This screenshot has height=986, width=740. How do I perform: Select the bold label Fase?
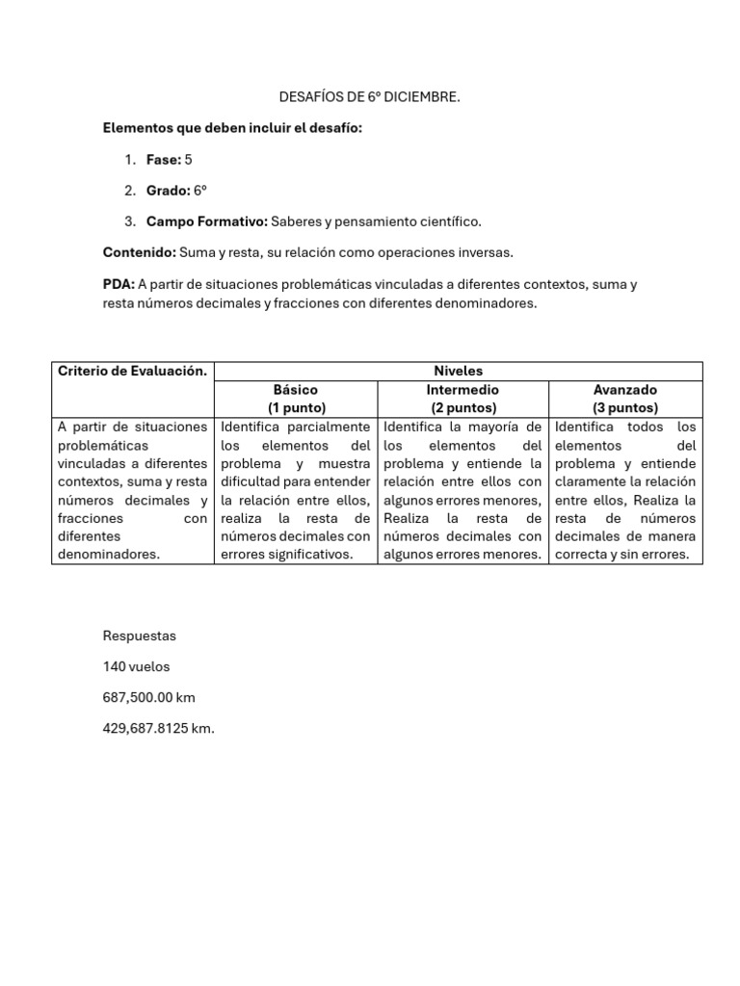click(x=164, y=160)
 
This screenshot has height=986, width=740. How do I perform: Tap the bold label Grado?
click(x=169, y=191)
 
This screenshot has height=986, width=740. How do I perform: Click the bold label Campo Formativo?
click(x=206, y=221)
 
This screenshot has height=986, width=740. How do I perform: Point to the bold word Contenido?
click(x=140, y=252)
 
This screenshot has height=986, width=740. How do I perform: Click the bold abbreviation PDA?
click(x=119, y=284)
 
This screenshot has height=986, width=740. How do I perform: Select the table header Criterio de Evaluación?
click(x=132, y=371)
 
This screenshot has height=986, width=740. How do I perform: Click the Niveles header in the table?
click(x=459, y=371)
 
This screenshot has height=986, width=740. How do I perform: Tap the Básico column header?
click(x=296, y=390)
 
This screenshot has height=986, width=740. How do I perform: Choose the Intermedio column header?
click(x=462, y=390)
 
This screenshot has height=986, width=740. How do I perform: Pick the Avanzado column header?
click(x=625, y=390)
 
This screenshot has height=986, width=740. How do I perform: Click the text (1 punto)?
click(x=296, y=408)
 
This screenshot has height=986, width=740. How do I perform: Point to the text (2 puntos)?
click(x=462, y=408)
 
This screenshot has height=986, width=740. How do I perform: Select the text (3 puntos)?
click(x=625, y=408)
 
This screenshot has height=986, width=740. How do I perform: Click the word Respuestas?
click(x=140, y=636)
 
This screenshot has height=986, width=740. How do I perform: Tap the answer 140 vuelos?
click(x=136, y=666)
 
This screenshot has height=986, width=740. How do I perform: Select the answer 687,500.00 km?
click(x=149, y=697)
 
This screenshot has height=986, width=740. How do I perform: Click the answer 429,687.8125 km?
click(x=159, y=729)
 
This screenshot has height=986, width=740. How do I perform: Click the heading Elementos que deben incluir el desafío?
click(x=232, y=128)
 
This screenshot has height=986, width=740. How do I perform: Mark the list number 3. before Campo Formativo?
click(x=129, y=221)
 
